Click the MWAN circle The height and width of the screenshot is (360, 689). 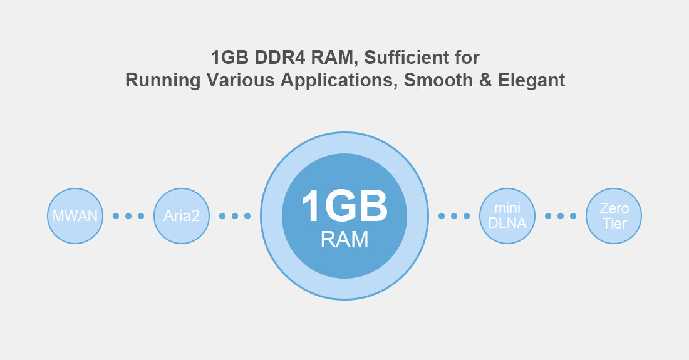click(75, 216)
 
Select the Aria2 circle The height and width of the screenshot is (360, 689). click(182, 216)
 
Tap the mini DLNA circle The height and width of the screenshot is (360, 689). click(507, 216)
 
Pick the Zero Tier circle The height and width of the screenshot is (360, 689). click(613, 216)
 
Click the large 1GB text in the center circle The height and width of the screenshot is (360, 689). click(344, 206)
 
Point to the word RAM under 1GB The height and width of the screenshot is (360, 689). click(344, 239)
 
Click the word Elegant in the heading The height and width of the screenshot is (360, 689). click(531, 80)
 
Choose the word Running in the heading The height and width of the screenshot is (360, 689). click(163, 80)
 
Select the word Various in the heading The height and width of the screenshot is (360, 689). click(240, 80)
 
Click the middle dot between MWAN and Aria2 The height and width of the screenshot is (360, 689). click(128, 216)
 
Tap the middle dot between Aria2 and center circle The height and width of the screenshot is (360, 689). click(235, 216)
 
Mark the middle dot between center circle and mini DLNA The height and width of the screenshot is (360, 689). click(454, 216)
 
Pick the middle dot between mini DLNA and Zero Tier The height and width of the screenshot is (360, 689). click(560, 216)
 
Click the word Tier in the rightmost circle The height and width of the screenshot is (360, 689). click(614, 224)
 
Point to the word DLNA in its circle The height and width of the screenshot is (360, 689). click(507, 223)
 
